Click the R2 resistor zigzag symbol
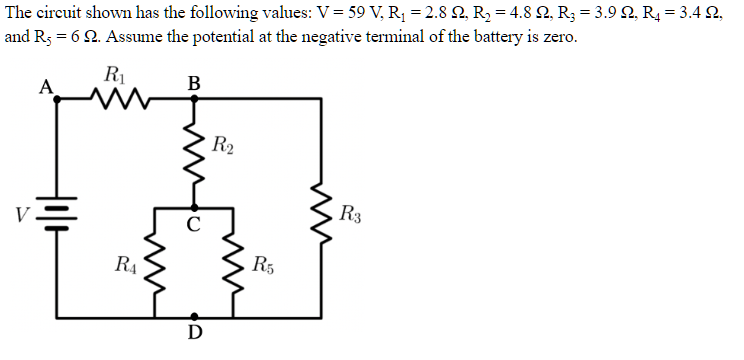pyautogui.click(x=194, y=155)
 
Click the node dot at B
pyautogui.click(x=194, y=99)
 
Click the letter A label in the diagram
pyautogui.click(x=44, y=86)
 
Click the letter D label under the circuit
pyautogui.click(x=194, y=332)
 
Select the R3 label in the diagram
pyautogui.click(x=352, y=214)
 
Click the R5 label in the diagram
pyautogui.click(x=265, y=266)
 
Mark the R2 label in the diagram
pyautogui.click(x=224, y=146)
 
